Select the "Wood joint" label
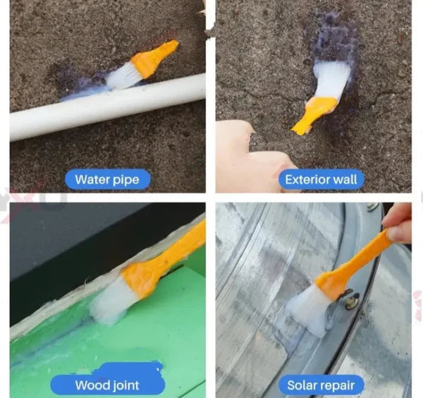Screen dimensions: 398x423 [x=107, y=385]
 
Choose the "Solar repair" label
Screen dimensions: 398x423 [x=321, y=385]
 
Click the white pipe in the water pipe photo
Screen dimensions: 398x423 [x=106, y=106]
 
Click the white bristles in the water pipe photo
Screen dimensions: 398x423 [x=123, y=76]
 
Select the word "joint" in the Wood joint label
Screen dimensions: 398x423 [x=124, y=386]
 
